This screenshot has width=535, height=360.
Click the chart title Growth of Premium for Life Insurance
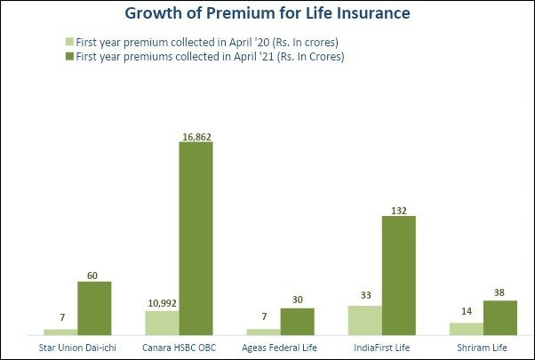267,14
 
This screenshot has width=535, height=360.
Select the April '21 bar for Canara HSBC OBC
196,237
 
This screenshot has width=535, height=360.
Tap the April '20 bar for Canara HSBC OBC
162,322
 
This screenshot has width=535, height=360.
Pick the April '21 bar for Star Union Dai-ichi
94,308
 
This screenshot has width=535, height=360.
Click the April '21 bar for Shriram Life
500,316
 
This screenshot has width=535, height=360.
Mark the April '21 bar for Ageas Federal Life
297,320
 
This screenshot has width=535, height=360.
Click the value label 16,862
196,136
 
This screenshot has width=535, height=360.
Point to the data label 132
399,210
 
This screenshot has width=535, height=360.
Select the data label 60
94,276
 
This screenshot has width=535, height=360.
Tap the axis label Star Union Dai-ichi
77,346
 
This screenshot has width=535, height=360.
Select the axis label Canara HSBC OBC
179,346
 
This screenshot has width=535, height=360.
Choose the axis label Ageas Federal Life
280,346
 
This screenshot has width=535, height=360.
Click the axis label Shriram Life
483,346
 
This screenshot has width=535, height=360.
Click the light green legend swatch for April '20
69,42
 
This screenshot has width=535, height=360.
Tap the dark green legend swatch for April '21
69,57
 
